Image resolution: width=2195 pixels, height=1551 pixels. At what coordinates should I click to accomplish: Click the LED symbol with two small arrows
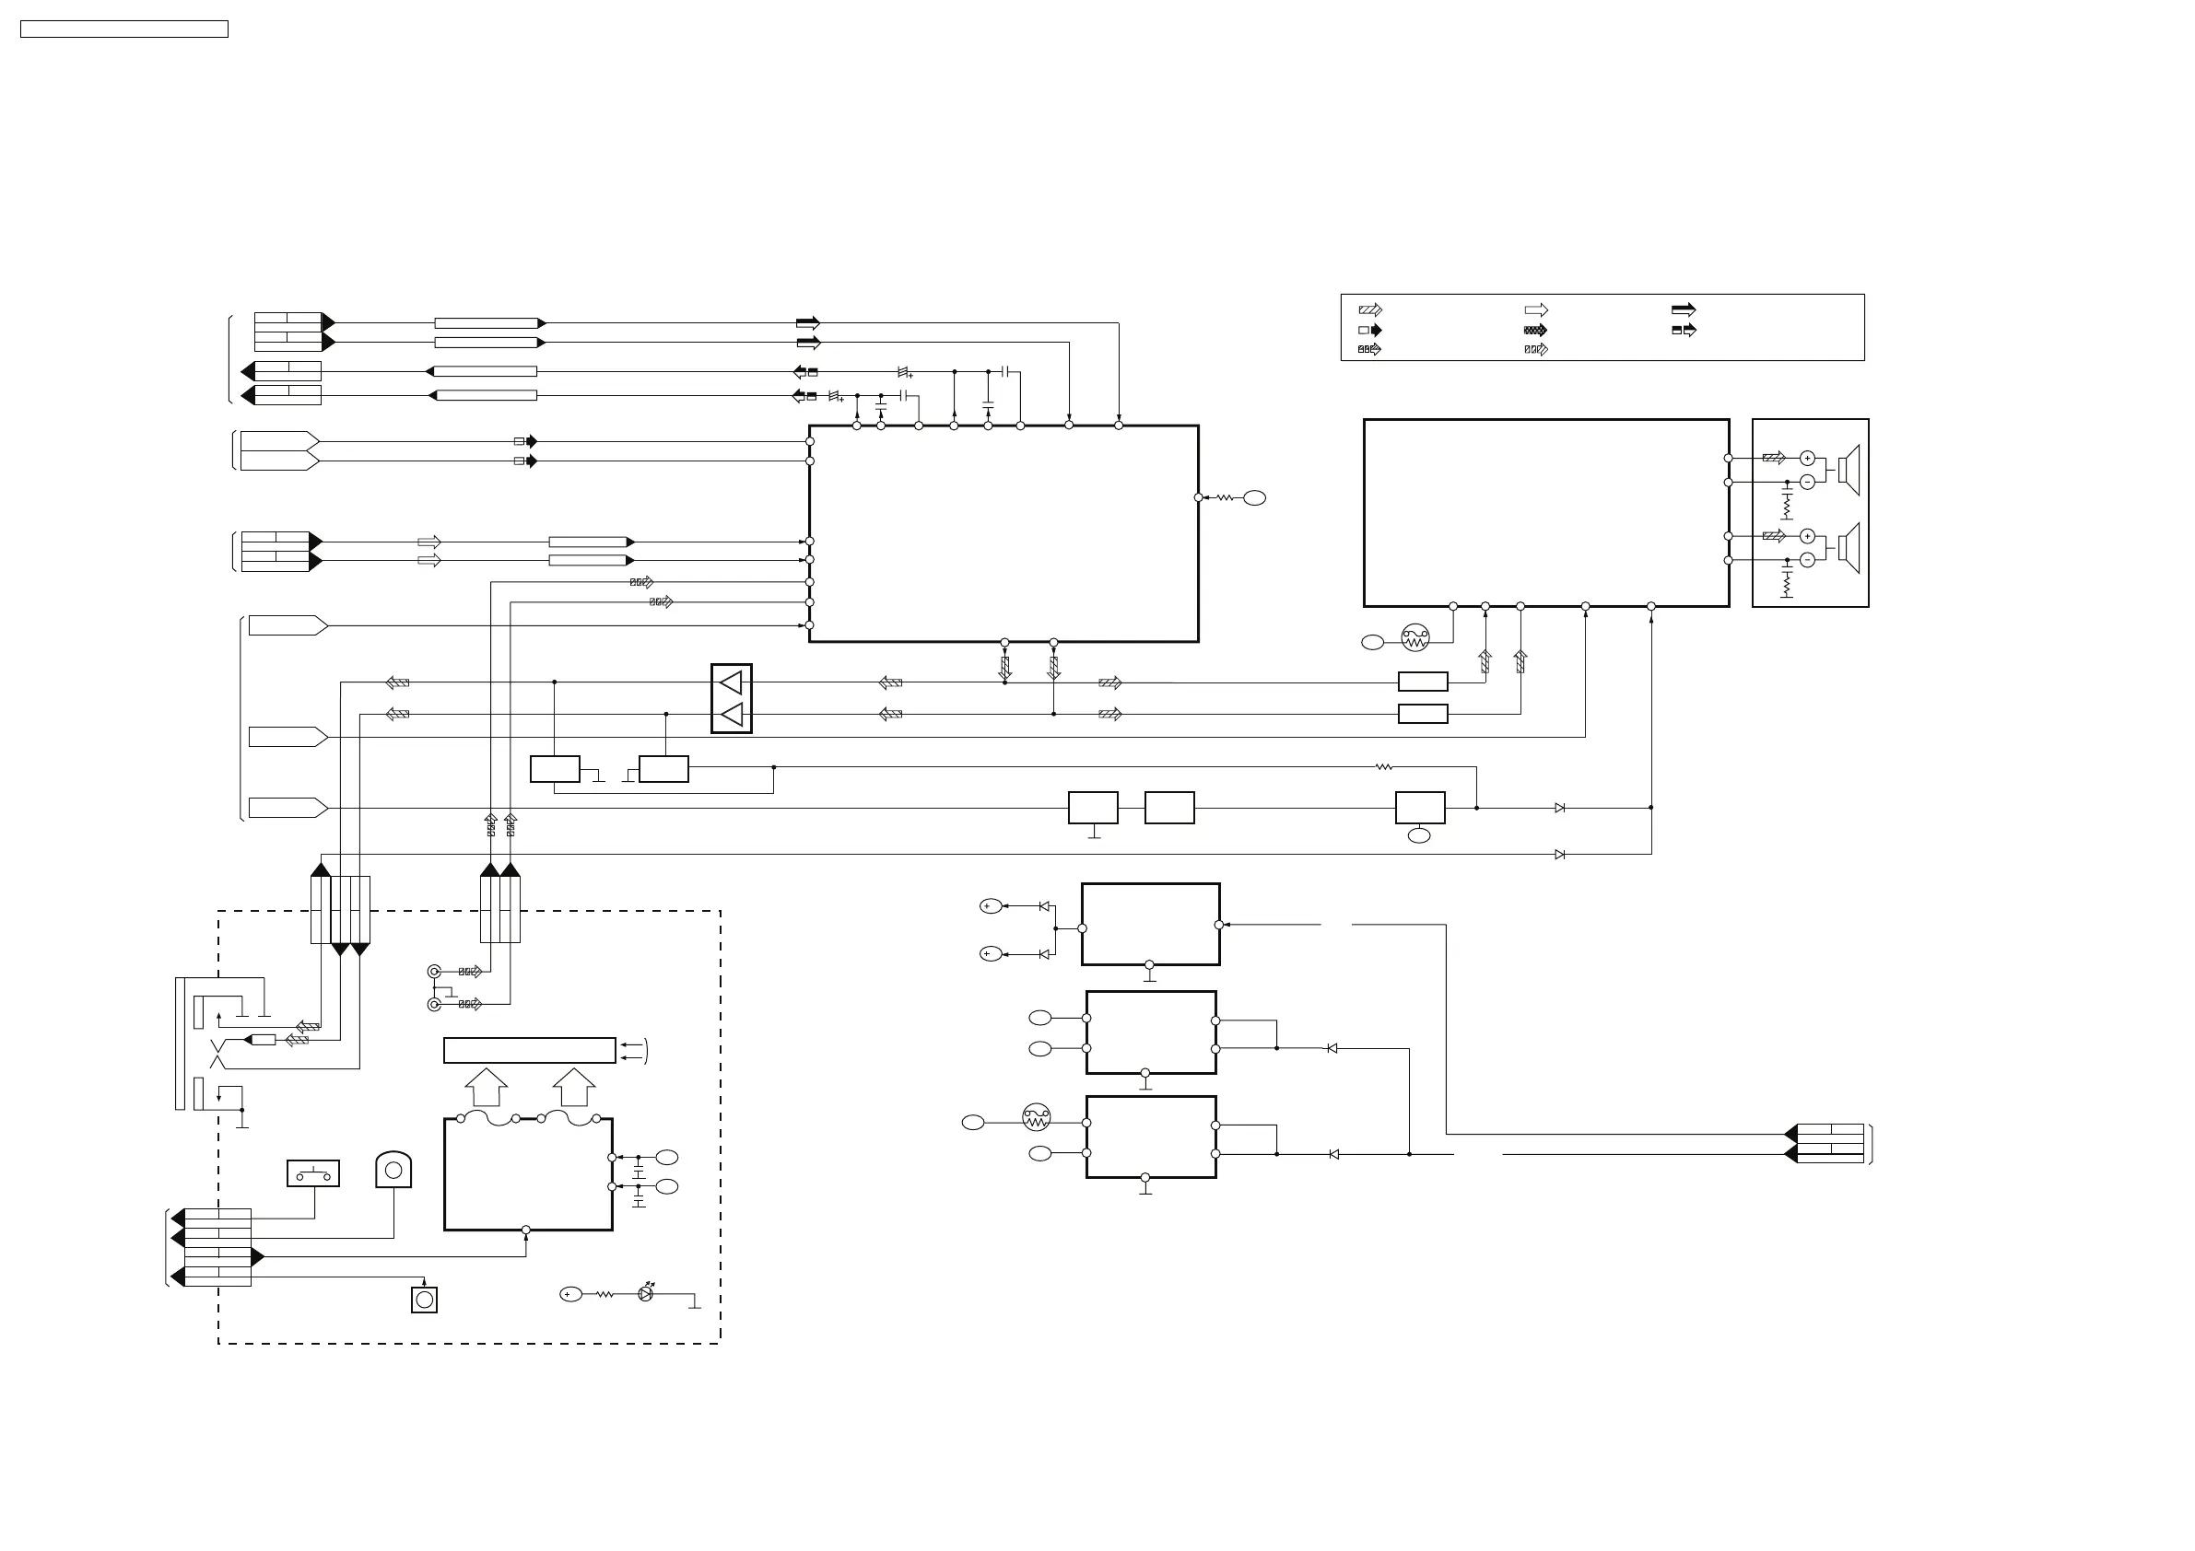click(645, 1293)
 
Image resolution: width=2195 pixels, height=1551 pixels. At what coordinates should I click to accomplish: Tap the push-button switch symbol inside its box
click(313, 1173)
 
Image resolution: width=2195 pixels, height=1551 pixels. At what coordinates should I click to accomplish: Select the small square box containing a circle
click(425, 1300)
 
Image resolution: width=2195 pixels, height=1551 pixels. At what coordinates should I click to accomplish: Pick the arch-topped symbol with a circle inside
click(393, 1170)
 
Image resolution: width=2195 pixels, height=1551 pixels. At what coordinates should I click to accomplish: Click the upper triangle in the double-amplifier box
click(732, 682)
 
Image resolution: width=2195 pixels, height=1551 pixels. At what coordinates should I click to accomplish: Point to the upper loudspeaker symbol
click(1849, 470)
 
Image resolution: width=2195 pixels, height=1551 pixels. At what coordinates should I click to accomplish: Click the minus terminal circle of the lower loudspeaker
click(1807, 560)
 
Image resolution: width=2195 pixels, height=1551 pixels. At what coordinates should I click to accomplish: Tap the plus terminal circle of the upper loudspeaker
click(1807, 458)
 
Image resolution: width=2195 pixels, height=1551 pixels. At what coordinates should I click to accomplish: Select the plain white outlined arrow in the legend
click(1536, 309)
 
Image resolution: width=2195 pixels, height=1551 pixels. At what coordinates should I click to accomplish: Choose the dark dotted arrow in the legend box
click(1535, 330)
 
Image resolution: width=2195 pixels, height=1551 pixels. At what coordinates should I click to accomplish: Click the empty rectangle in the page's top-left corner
click(124, 29)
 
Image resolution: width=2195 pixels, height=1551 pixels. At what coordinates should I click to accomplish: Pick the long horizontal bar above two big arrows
click(530, 1050)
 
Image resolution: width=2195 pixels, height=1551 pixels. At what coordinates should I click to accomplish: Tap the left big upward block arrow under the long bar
click(487, 1088)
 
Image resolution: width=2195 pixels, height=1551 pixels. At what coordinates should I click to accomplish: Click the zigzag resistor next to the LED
click(605, 1294)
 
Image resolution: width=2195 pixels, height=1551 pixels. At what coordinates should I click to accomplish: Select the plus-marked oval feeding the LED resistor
click(570, 1294)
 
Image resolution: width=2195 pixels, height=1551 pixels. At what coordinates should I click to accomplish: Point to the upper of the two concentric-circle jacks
click(434, 972)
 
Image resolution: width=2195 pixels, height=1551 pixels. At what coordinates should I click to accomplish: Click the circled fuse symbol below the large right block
click(1414, 637)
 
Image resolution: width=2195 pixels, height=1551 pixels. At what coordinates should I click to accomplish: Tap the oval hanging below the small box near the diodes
click(1420, 836)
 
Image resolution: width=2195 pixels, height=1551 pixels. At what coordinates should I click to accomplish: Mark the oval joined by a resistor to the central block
click(1254, 498)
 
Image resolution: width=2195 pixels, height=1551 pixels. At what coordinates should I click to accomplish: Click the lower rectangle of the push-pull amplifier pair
click(1423, 714)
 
